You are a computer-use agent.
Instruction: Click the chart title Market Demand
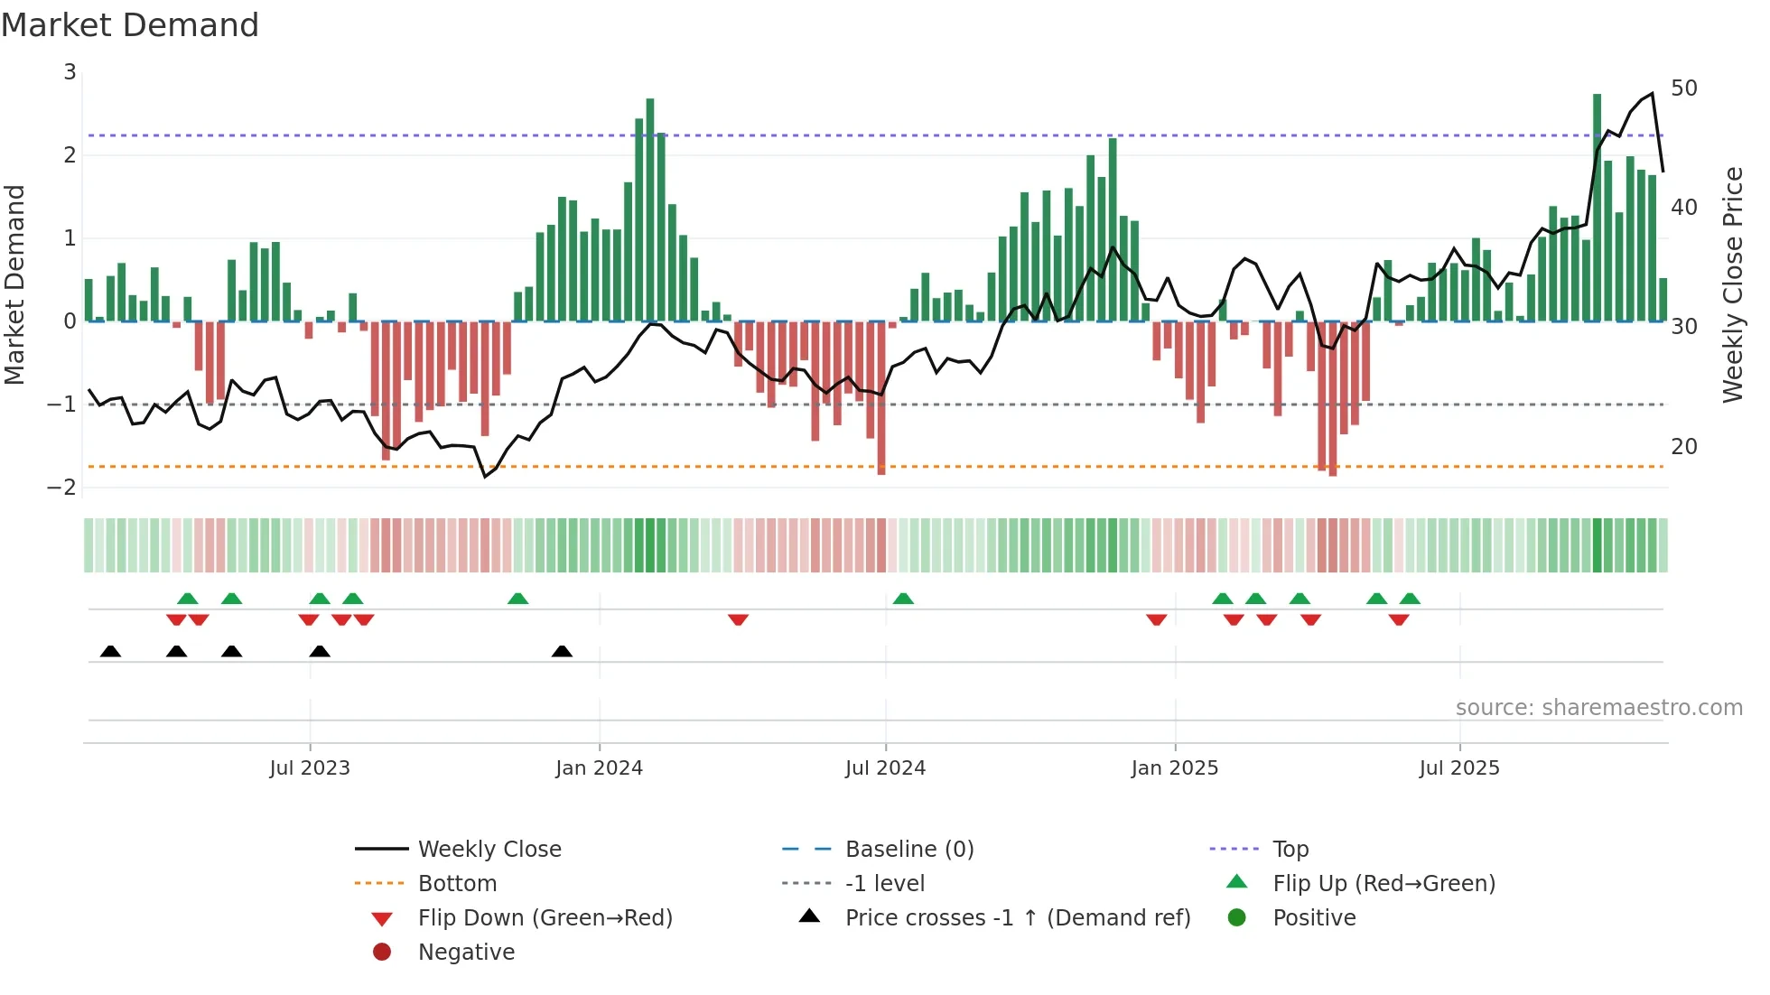pos(130,25)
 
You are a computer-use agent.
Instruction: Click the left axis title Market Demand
pos(15,285)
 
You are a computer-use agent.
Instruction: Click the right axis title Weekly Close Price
pos(1732,285)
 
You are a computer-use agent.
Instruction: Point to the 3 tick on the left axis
pos(70,72)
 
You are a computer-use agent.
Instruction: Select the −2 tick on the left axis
pos(62,488)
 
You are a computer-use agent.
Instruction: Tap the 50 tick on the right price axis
pos(1683,88)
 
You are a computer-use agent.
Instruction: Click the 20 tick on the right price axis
pos(1683,447)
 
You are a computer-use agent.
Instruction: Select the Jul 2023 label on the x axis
pos(310,768)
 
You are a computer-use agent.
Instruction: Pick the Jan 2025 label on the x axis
pos(1174,768)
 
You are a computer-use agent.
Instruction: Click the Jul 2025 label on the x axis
pos(1458,768)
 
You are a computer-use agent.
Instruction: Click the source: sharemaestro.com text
pos(1598,708)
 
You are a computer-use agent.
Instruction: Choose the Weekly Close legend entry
pos(489,850)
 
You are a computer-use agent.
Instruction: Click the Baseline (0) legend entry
pos(908,850)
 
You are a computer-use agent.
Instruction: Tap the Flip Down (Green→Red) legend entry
pos(545,918)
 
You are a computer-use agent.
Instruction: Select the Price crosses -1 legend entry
pos(1017,918)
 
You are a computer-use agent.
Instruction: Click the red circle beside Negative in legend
pos(382,953)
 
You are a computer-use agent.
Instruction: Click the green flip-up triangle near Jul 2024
pos(903,599)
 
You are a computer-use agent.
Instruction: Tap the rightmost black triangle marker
pos(562,651)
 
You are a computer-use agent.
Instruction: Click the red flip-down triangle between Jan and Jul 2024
pos(738,619)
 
